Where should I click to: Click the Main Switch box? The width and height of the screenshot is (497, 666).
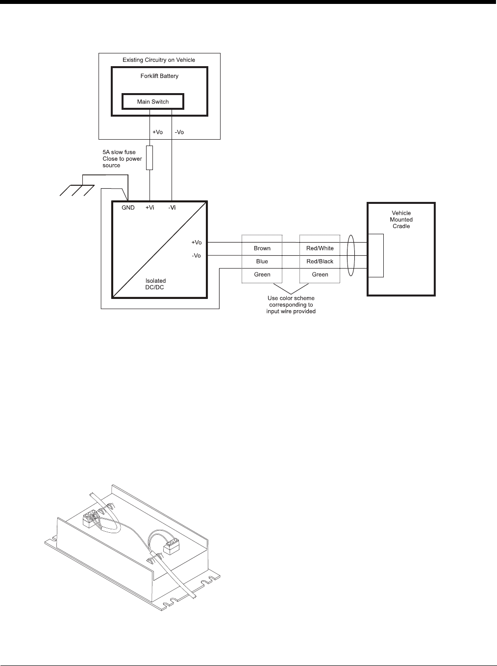[x=152, y=102]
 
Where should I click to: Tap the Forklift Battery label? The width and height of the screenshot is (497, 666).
[x=159, y=76]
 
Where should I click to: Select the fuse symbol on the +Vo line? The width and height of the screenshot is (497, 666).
[x=149, y=157]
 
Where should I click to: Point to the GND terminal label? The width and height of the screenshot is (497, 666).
[x=128, y=208]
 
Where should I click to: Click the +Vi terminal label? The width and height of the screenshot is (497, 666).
[x=149, y=208]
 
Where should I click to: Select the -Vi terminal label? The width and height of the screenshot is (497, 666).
[x=172, y=208]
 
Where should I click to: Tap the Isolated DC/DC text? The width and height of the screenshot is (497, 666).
[x=155, y=284]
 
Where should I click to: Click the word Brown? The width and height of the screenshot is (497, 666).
[x=262, y=248]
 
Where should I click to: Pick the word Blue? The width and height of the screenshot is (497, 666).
[x=262, y=262]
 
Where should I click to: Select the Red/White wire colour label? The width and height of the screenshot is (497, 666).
[x=320, y=248]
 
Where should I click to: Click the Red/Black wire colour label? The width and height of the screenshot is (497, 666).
[x=320, y=262]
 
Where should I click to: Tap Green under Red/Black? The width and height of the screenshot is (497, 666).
[x=320, y=274]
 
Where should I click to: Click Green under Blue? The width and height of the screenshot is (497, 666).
[x=262, y=274]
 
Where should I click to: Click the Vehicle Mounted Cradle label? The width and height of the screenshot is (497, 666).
[x=401, y=220]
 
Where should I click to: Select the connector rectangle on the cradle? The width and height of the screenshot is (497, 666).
[x=376, y=256]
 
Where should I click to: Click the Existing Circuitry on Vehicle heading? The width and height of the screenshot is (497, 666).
[x=159, y=60]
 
